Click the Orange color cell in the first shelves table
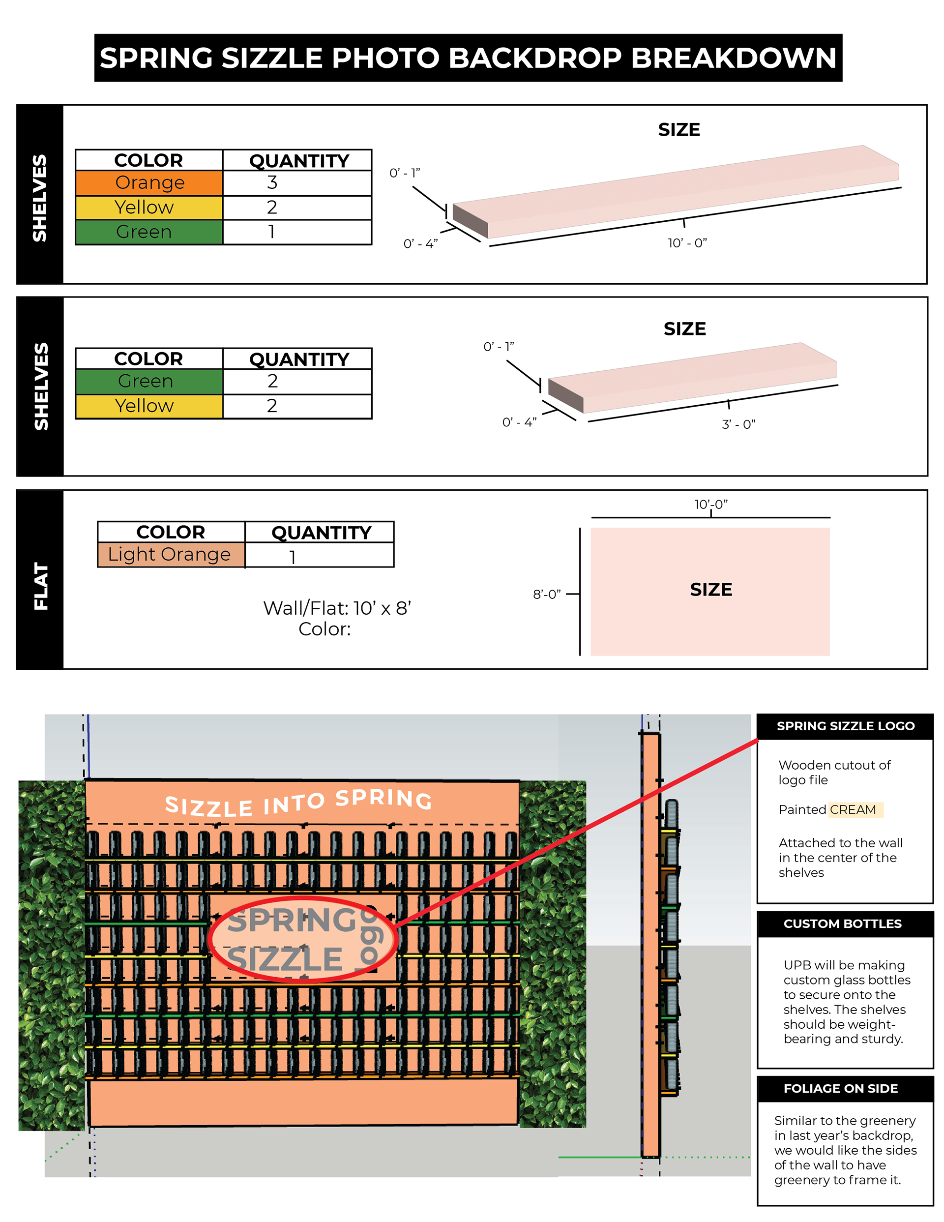point(149,183)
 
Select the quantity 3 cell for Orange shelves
point(296,183)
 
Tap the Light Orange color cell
point(171,555)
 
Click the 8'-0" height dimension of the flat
point(546,594)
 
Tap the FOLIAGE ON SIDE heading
point(840,1088)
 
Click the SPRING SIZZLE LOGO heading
point(845,726)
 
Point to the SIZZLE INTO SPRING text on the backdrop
point(298,803)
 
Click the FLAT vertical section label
point(40,586)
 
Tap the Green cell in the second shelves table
point(149,382)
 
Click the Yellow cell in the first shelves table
point(149,208)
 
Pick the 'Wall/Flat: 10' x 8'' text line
point(337,608)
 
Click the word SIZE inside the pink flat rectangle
point(710,590)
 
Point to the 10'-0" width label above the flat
point(710,505)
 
